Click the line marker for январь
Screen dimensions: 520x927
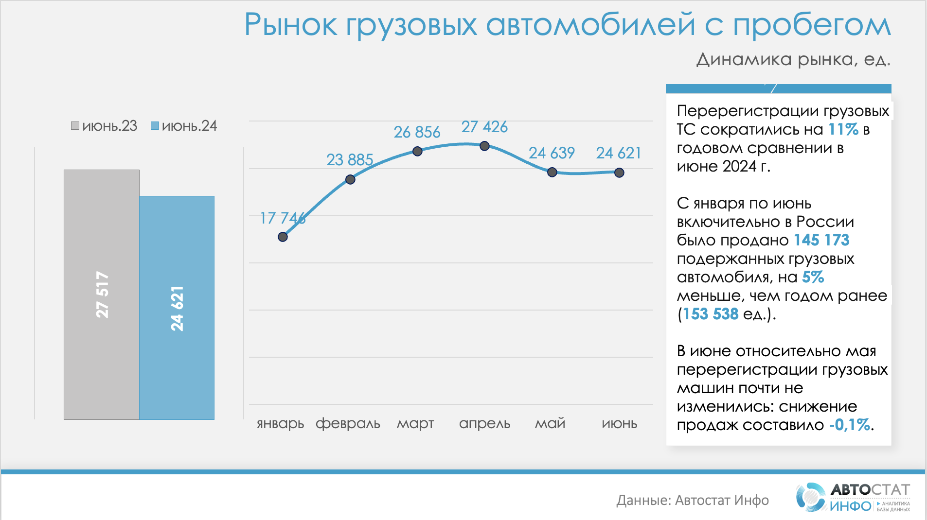pyautogui.click(x=283, y=237)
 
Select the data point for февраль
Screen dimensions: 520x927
pyautogui.click(x=350, y=180)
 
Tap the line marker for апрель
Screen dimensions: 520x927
pyautogui.click(x=484, y=146)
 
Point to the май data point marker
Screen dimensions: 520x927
pyautogui.click(x=552, y=172)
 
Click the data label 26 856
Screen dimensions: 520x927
pyautogui.click(x=417, y=132)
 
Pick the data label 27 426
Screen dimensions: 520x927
pyautogui.click(x=484, y=127)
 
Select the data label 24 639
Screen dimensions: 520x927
pyautogui.click(x=552, y=153)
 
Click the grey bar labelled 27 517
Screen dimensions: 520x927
pyautogui.click(x=102, y=295)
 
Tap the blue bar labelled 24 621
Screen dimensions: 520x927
pyautogui.click(x=177, y=308)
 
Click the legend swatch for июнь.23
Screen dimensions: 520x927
pyautogui.click(x=75, y=126)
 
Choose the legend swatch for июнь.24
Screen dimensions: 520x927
pyautogui.click(x=155, y=126)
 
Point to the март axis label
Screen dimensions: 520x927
pyautogui.click(x=415, y=424)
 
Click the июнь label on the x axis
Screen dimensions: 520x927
pyautogui.click(x=619, y=424)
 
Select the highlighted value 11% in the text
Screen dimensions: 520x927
pyautogui.click(x=843, y=130)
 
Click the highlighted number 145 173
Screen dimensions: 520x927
pyautogui.click(x=821, y=240)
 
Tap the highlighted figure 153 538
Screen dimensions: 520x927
pyautogui.click(x=710, y=314)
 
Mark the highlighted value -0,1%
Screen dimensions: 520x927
pyautogui.click(x=849, y=425)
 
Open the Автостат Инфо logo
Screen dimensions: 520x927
pyautogui.click(x=853, y=497)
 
